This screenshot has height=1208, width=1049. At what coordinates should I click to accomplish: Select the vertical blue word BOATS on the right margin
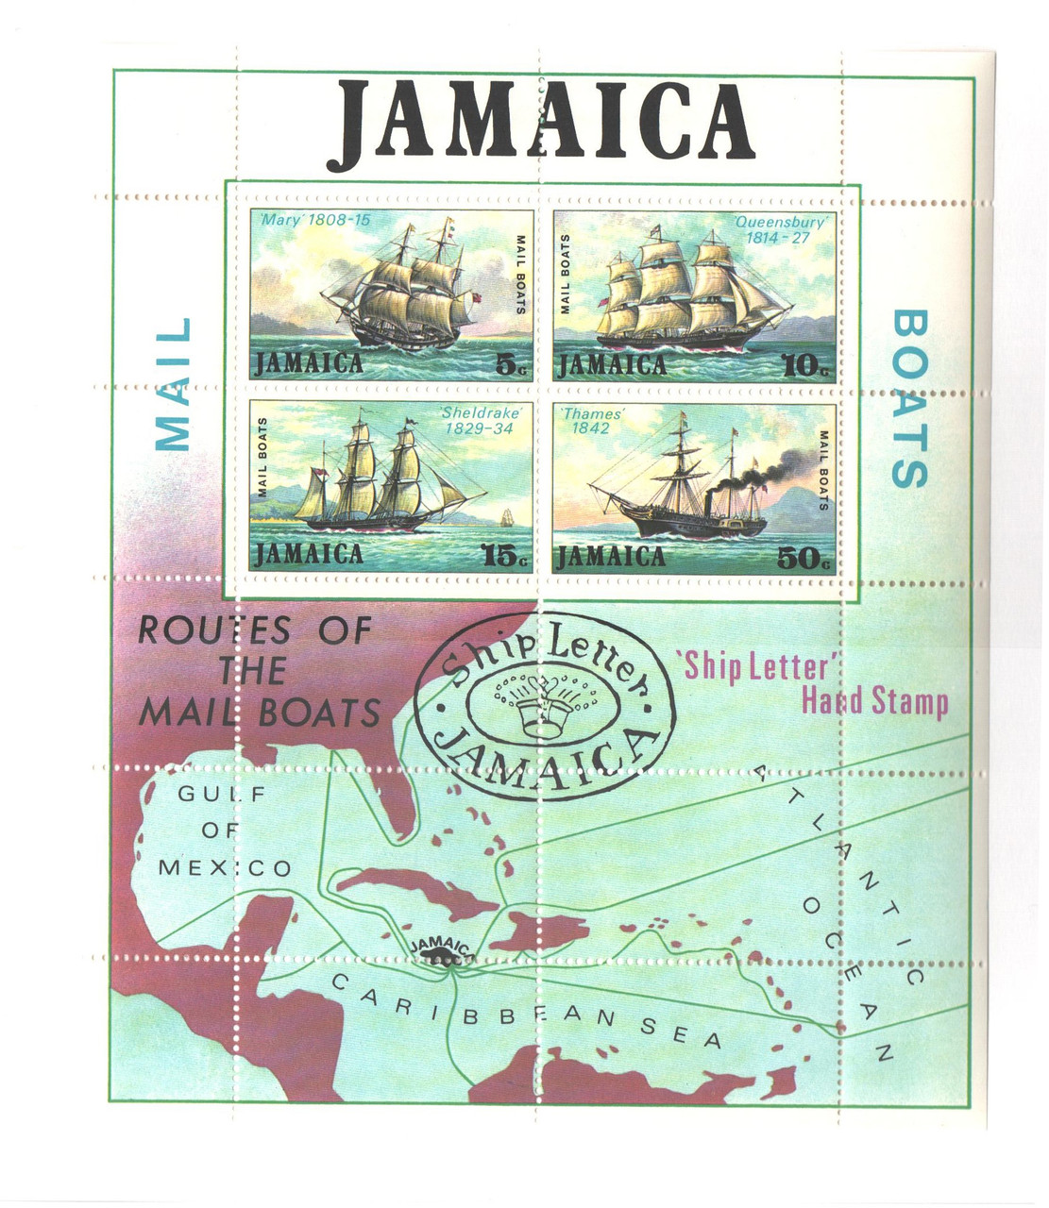click(910, 398)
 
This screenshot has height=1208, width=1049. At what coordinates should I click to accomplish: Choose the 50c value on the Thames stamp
click(804, 559)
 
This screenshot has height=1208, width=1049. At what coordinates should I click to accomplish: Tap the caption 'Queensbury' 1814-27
click(779, 230)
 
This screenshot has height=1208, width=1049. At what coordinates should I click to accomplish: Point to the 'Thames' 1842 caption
click(592, 420)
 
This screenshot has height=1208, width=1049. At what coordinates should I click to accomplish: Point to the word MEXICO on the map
click(225, 867)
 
